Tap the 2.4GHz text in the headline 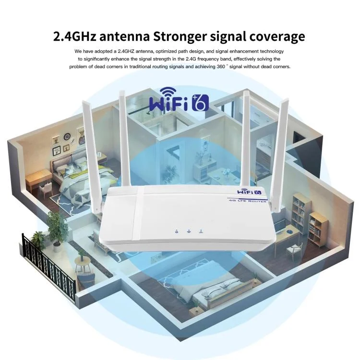pos(74,36)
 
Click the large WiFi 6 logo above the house pos(179,100)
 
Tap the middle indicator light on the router pos(189,231)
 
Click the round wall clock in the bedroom pos(67,137)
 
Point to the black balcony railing pos(48,267)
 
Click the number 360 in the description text pos(221,67)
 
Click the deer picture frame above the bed pos(81,136)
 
